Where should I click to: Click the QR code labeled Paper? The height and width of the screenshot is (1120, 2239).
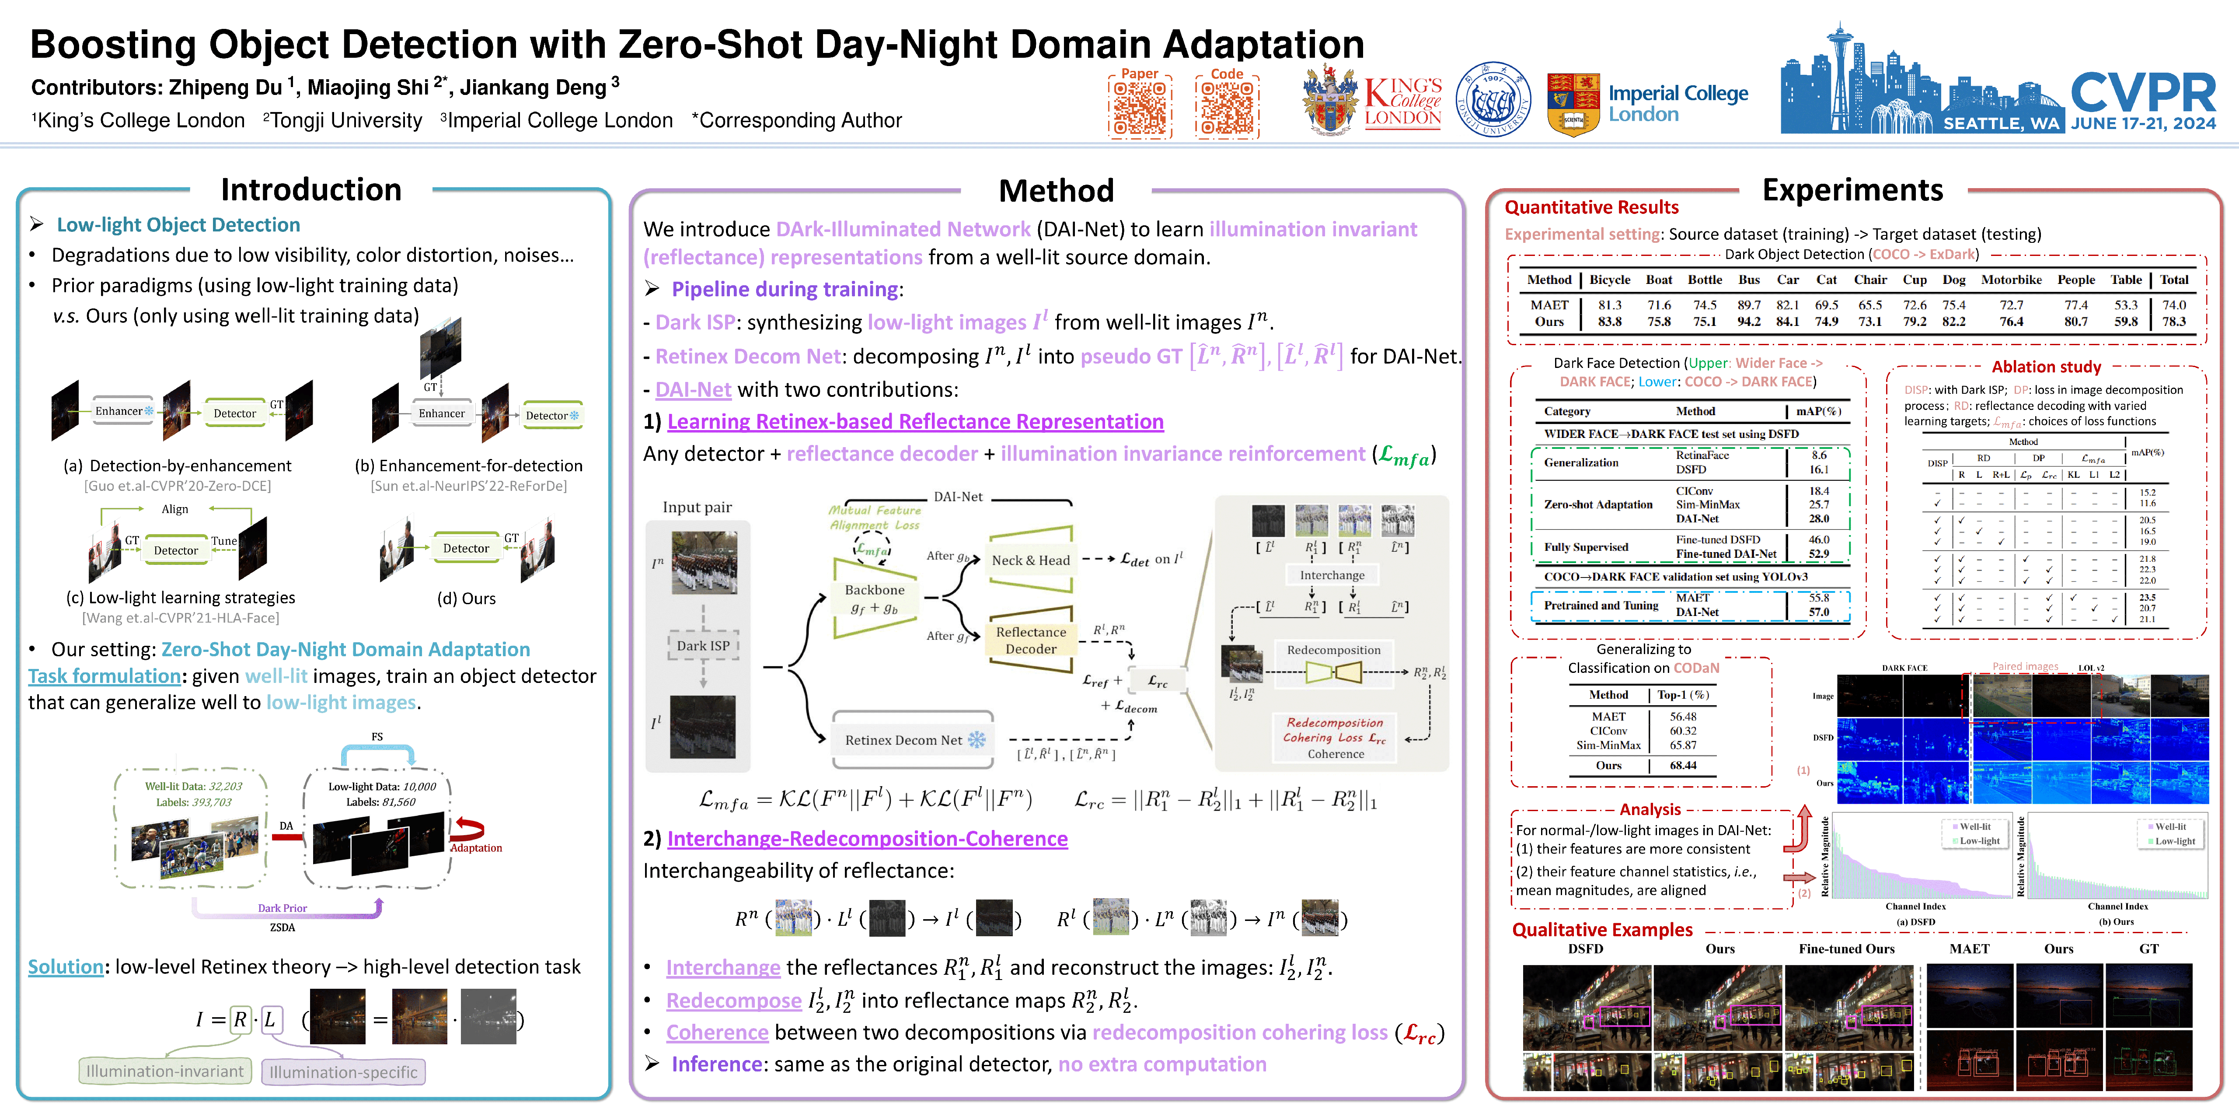1140,108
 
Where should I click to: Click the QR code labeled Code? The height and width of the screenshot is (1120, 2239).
1226,108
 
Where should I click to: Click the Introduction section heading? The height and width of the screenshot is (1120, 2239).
311,189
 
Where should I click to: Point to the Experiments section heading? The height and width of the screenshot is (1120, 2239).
1852,189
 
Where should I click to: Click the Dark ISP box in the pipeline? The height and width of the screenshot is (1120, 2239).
703,645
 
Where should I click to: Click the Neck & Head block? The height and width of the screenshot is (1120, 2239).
1031,560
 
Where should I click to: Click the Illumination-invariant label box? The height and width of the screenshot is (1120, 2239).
165,1071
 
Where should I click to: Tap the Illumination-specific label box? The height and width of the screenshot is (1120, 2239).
343,1072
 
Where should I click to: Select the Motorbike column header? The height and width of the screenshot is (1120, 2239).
2011,280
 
